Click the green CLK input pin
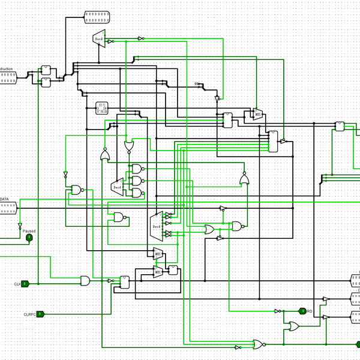pyautogui.click(x=25, y=284)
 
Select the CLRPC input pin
pyautogui.click(x=40, y=314)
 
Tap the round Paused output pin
pyautogui.click(x=29, y=238)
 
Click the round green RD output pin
pyautogui.click(x=302, y=311)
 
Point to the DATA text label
pyautogui.click(x=4, y=199)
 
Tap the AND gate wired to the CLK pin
pyautogui.click(x=86, y=280)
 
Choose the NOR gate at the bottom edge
pyautogui.click(x=258, y=344)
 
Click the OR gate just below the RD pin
pyautogui.click(x=294, y=326)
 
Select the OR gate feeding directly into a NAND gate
pyautogui.click(x=209, y=229)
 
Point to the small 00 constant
pyautogui.click(x=196, y=83)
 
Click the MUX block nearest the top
pyautogui.click(x=257, y=114)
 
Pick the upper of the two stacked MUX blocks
pyautogui.click(x=158, y=254)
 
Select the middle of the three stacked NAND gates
pyautogui.click(x=137, y=181)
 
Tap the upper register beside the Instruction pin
pyautogui.click(x=46, y=70)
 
